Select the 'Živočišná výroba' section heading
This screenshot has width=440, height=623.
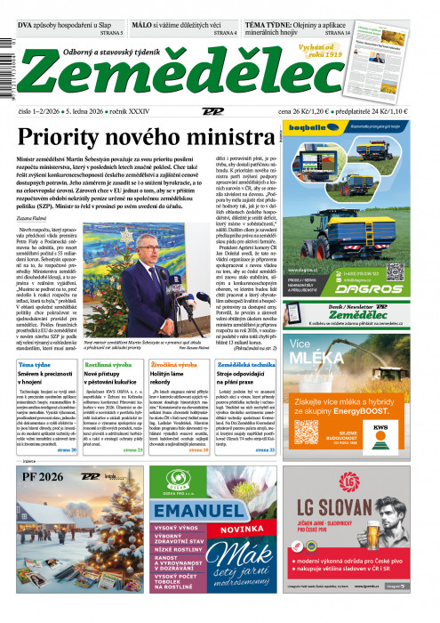(x=175, y=366)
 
